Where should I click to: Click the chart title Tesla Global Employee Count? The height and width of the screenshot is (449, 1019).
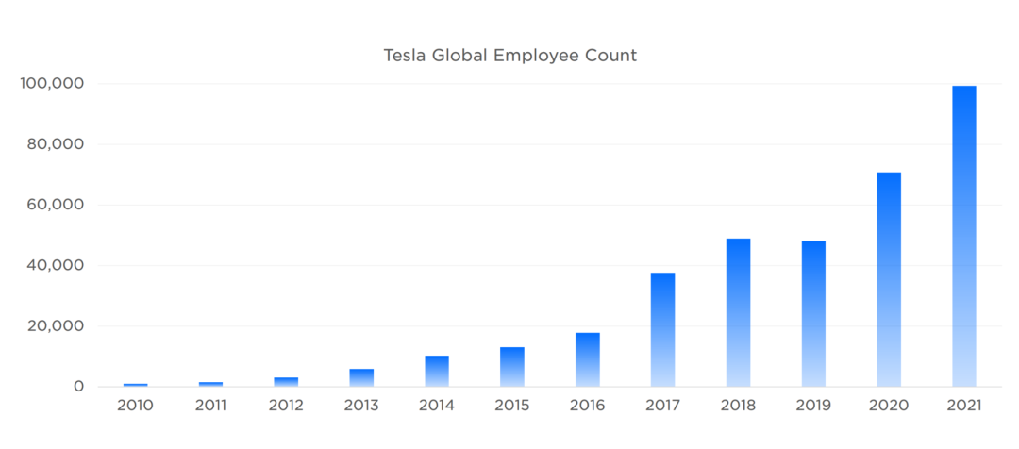coord(509,56)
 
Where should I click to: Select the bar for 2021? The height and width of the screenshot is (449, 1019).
coord(963,236)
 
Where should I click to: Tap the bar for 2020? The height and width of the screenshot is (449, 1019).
coord(889,279)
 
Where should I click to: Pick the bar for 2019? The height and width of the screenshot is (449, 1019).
coord(813,313)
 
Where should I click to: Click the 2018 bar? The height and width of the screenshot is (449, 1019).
coord(738,312)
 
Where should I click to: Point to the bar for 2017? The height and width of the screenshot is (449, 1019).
coord(662,329)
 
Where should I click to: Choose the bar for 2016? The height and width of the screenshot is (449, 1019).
coord(587,359)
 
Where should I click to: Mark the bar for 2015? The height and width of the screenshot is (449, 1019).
coord(512,367)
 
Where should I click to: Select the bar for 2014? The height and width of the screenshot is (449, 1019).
coord(437,371)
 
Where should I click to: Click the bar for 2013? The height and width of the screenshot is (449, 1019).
coord(361,377)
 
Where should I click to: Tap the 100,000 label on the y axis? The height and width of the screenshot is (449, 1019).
coord(53,84)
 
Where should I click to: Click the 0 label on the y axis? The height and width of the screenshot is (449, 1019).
coord(79,387)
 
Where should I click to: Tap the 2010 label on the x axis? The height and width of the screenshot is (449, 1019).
coord(136,407)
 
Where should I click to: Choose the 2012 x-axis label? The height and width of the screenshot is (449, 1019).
coord(286,407)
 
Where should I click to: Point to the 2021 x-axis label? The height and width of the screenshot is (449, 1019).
coord(963,407)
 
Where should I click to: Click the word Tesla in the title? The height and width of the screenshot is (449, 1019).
coord(403,56)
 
